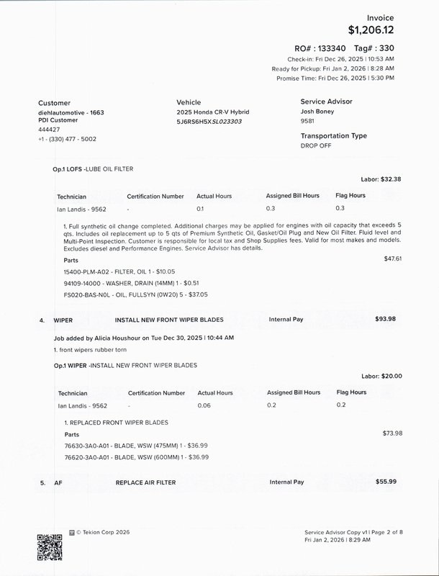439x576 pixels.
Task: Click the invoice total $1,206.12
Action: tap(371, 30)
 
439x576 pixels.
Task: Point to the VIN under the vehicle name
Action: tap(209, 122)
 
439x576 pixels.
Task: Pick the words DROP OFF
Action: tap(317, 145)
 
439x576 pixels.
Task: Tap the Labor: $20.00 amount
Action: tap(381, 376)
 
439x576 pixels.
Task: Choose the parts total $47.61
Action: tap(393, 258)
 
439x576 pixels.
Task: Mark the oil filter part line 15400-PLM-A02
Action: tap(119, 271)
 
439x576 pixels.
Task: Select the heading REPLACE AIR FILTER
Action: tap(145, 482)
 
